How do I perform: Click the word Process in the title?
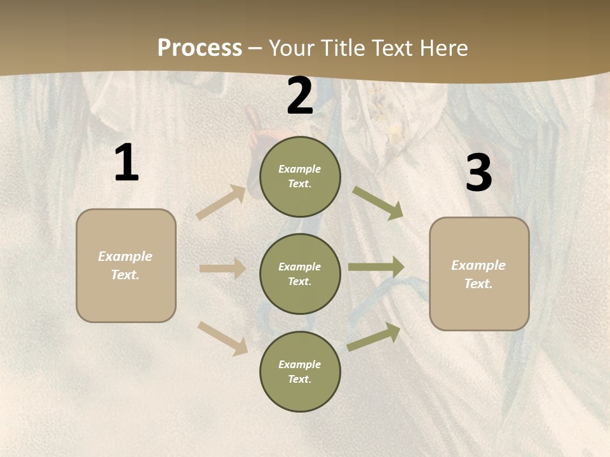coord(200,48)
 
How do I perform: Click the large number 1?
coord(126,163)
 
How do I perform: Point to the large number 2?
coord(300,96)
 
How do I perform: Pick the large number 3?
coord(478,173)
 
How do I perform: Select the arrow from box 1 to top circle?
coord(221,202)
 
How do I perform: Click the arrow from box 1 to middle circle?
coord(222,268)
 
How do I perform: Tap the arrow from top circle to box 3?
coord(377,203)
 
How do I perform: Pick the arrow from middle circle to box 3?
coord(376,267)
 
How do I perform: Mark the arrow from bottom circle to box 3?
coord(374,337)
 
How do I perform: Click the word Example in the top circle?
coord(299,169)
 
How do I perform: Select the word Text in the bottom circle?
coord(299,379)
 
